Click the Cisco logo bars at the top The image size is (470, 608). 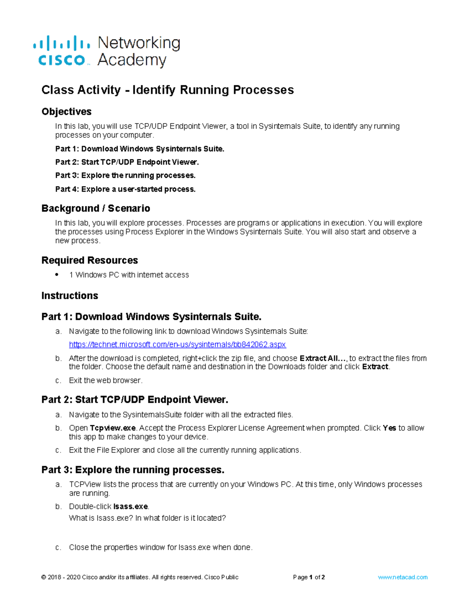click(x=61, y=43)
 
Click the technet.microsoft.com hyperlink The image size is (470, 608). click(x=177, y=345)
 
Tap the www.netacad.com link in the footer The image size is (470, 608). click(x=402, y=577)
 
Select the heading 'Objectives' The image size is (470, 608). click(x=66, y=112)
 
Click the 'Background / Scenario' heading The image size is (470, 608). click(x=96, y=208)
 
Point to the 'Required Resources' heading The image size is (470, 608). click(x=89, y=260)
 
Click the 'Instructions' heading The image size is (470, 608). click(x=70, y=296)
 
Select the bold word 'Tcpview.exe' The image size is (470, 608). click(x=113, y=428)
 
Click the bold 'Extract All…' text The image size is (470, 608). click(x=323, y=358)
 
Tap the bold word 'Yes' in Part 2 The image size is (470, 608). click(x=389, y=428)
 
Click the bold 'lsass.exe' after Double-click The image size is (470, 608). click(x=130, y=507)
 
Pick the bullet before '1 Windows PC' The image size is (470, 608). click(x=57, y=275)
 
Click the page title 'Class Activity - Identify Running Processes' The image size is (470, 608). click(x=167, y=90)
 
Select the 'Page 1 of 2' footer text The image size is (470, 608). click(x=309, y=577)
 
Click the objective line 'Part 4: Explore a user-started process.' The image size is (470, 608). click(x=125, y=189)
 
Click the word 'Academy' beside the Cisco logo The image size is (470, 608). click(x=132, y=60)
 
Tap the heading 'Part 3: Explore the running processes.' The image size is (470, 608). click(x=133, y=470)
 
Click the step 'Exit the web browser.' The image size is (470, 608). click(x=105, y=380)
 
